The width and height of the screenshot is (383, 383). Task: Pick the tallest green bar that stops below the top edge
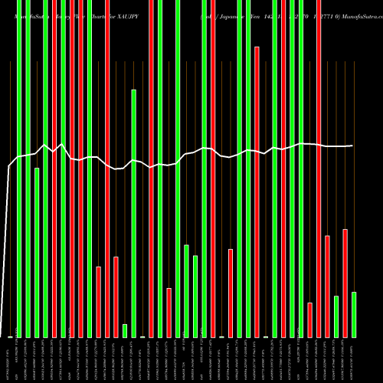click(134, 213)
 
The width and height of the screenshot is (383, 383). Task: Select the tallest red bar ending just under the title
click(257, 191)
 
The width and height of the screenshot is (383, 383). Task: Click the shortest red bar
click(309, 319)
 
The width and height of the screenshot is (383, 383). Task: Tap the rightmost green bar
click(354, 314)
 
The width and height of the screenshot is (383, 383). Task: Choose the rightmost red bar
click(345, 283)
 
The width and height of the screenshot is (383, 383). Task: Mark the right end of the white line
click(352, 146)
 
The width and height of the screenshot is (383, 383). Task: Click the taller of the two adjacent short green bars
click(186, 290)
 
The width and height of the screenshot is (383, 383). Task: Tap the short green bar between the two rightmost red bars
click(336, 316)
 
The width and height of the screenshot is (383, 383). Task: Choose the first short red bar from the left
click(99, 302)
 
